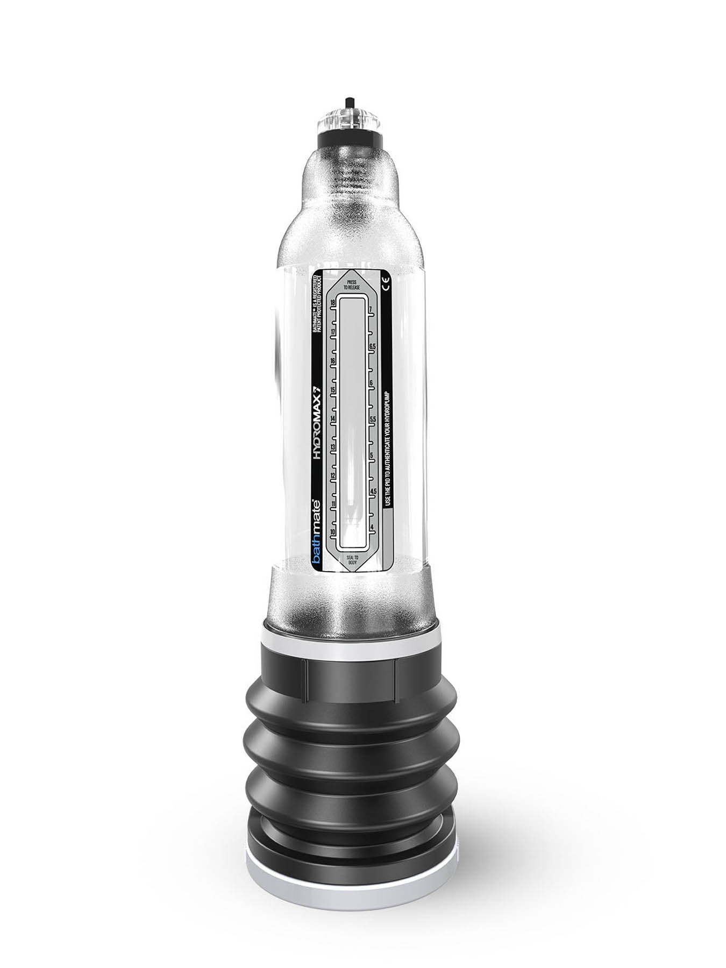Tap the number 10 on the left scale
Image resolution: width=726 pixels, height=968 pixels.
(x=332, y=532)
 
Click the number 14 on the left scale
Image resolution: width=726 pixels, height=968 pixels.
(x=332, y=418)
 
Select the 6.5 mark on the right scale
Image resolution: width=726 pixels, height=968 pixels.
(x=372, y=347)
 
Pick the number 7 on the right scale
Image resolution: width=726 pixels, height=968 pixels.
(x=371, y=310)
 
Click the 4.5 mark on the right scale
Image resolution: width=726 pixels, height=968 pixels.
(x=373, y=492)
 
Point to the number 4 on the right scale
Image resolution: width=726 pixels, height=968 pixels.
(x=372, y=528)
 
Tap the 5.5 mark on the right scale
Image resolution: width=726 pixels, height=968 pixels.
(x=372, y=419)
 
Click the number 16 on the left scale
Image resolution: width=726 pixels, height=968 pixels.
(x=332, y=361)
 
